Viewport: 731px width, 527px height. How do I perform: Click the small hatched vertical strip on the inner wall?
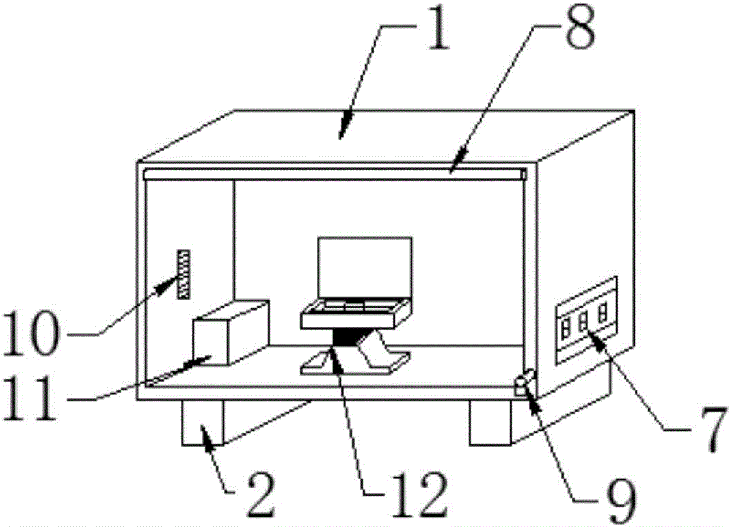pyautogui.click(x=182, y=273)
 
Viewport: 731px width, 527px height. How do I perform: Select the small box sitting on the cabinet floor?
pyautogui.click(x=230, y=333)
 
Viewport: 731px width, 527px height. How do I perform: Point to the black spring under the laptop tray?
pyautogui.click(x=348, y=338)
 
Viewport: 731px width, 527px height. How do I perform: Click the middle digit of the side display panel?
pyautogui.click(x=583, y=321)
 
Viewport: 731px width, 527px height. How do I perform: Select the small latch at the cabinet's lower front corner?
pyautogui.click(x=524, y=382)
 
